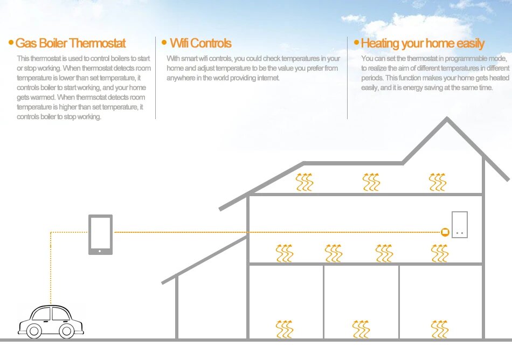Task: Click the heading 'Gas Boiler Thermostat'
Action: coord(70,43)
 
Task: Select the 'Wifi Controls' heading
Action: coord(200,43)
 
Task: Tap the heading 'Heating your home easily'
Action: coord(423,44)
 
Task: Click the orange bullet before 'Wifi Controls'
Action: coord(164,42)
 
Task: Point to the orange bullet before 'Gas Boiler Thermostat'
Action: coord(11,42)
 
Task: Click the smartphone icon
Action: coord(101,234)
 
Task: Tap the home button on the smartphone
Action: coord(101,251)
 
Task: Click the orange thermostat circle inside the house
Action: coord(445,232)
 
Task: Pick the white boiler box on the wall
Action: coord(459,224)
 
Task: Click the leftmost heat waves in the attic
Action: coord(305,182)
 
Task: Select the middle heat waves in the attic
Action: coord(371,182)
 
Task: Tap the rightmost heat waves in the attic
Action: coord(438,182)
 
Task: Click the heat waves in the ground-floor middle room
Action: coord(361,329)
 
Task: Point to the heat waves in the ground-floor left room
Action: coord(285,329)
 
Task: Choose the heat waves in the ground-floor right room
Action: coord(439,329)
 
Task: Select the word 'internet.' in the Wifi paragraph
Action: coord(265,78)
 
